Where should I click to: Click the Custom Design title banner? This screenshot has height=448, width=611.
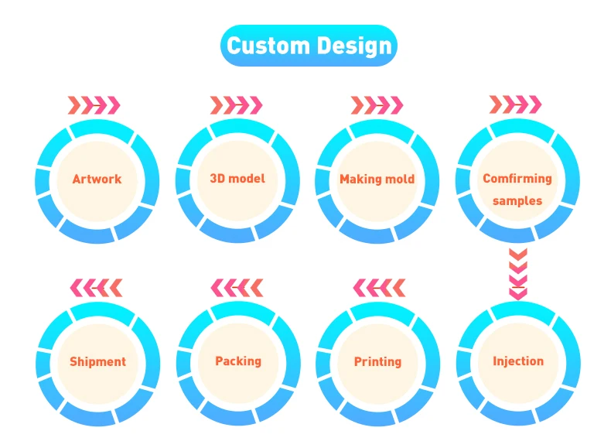[x=309, y=46]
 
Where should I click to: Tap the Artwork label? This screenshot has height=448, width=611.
[x=97, y=179]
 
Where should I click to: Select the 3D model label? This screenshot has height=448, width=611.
[x=237, y=178]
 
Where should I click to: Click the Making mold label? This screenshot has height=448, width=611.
[x=377, y=179]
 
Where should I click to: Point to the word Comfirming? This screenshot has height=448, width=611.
[x=517, y=178]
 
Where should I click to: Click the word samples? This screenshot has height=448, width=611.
[x=517, y=200]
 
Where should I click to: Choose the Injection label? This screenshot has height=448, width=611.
[x=518, y=361]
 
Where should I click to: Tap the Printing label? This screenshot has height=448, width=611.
[x=377, y=361]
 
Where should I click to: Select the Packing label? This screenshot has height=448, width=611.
[x=238, y=361]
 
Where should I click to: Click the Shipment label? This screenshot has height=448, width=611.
[x=97, y=361]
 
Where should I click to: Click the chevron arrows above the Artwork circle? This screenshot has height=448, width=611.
[x=94, y=104]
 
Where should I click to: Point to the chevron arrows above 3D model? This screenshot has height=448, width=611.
[x=236, y=104]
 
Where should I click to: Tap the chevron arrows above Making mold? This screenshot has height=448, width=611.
[x=377, y=104]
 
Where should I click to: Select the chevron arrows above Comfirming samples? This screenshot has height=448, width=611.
[x=515, y=104]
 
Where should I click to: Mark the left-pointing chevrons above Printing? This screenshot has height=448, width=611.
[x=379, y=288]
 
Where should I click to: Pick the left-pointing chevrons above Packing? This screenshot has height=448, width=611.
[x=237, y=288]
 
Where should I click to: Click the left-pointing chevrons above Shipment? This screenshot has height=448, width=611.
[x=96, y=288]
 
